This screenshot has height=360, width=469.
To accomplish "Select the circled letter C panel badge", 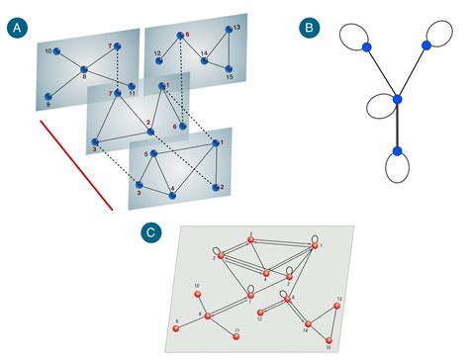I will click(150, 233).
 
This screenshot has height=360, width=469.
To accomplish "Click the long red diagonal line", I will click(77, 164).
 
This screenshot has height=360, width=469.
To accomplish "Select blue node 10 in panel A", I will click(57, 50).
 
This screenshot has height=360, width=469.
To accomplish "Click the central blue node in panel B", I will click(397, 98).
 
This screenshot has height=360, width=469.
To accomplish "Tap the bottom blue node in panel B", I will click(397, 150).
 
